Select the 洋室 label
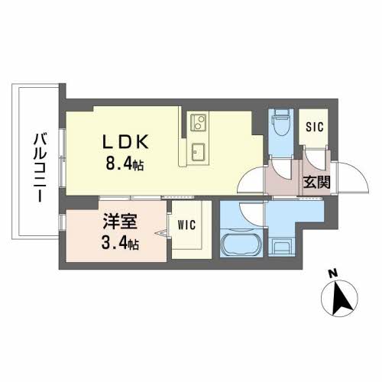click(121, 225)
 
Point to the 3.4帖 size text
click(121, 244)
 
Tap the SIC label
click(315, 127)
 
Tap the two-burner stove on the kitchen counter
click(197, 123)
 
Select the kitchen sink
click(198, 148)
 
